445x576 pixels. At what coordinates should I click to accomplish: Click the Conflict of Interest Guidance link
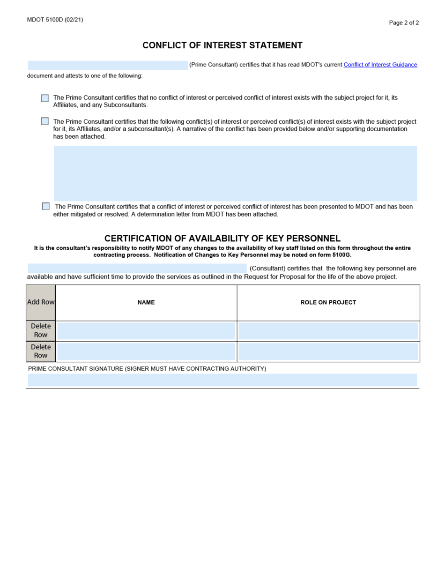tap(380, 65)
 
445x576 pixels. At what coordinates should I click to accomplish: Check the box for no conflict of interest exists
tap(45, 98)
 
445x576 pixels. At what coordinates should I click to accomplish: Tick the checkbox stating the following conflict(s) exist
tap(45, 121)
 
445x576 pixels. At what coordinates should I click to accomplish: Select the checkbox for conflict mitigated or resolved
tap(45, 206)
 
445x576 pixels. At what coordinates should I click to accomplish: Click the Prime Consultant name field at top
tap(108, 65)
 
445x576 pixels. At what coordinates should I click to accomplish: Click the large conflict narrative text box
tap(235, 173)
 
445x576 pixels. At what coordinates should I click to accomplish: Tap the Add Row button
tap(41, 302)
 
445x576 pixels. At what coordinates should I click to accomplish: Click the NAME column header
tap(146, 303)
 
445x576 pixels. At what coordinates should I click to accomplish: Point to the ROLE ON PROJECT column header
tap(328, 303)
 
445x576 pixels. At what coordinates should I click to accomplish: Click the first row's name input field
tap(146, 331)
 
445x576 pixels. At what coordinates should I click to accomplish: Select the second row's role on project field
tap(328, 352)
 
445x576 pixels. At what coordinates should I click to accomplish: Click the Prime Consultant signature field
tap(222, 380)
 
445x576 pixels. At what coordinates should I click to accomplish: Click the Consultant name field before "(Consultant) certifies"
tap(137, 268)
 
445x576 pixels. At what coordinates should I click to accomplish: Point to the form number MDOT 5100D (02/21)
tap(55, 20)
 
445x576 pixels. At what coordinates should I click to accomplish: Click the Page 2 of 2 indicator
tap(404, 22)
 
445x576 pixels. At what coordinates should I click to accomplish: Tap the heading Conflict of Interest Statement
tap(222, 45)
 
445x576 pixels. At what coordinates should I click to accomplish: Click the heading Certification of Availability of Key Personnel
tap(222, 238)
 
